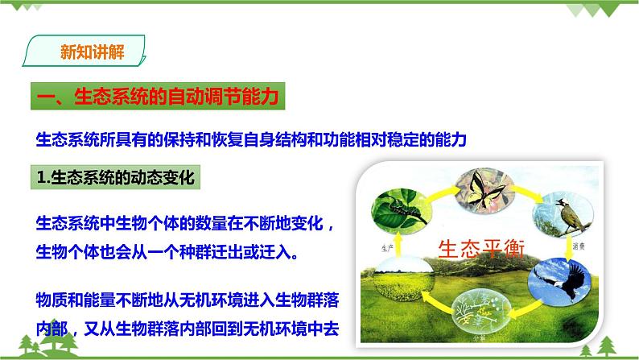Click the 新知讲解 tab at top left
tap(88, 53)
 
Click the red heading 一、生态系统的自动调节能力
tap(158, 97)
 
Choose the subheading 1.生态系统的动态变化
tap(117, 178)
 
